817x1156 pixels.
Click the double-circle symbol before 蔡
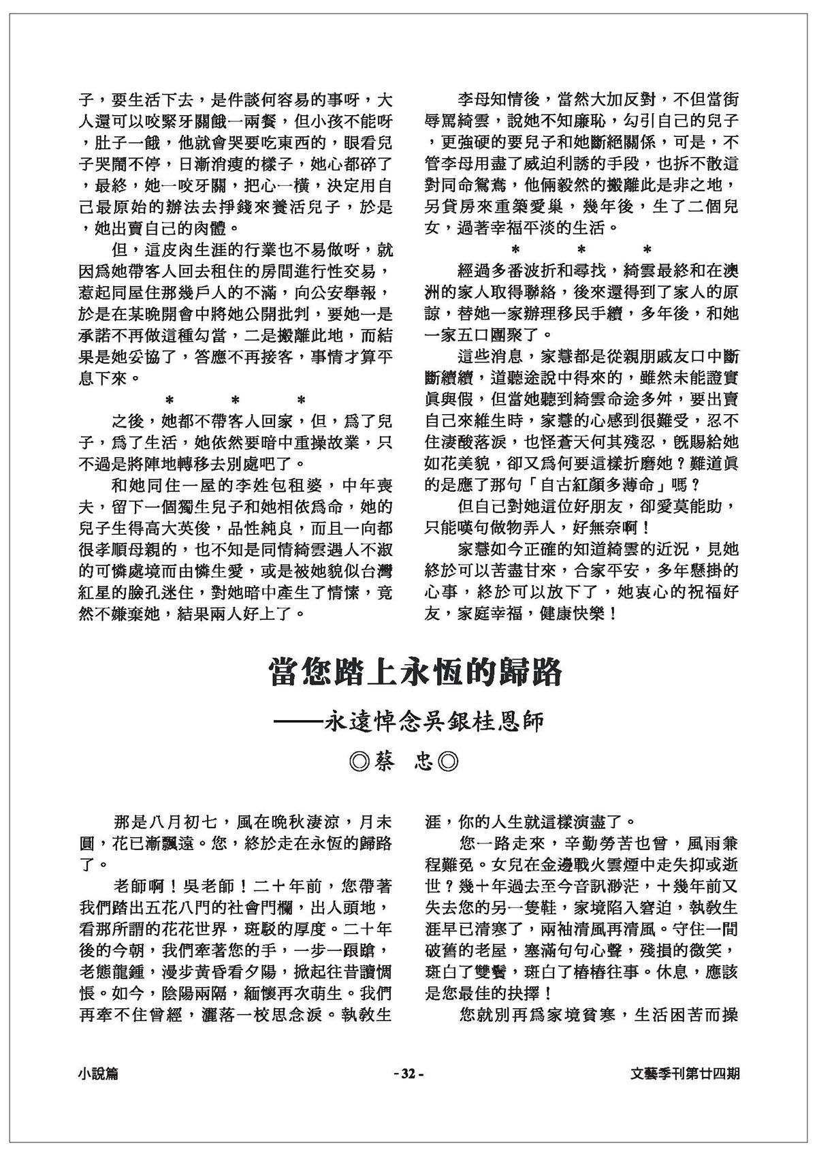tap(358, 761)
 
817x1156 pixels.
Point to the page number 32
tap(408, 1074)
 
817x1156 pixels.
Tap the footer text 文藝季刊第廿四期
tap(685, 1074)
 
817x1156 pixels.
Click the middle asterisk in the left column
tap(235, 401)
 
